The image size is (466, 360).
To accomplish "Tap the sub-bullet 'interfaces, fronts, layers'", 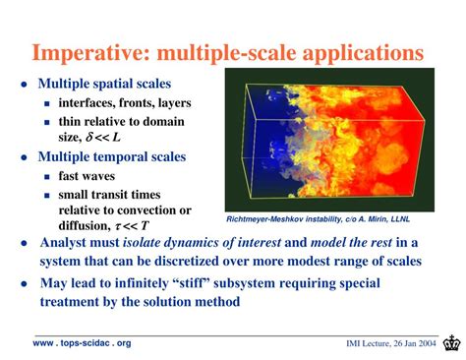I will point(124,103).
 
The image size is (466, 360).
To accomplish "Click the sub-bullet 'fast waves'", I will point(89,176).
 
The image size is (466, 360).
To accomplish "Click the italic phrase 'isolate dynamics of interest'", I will point(197,243).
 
